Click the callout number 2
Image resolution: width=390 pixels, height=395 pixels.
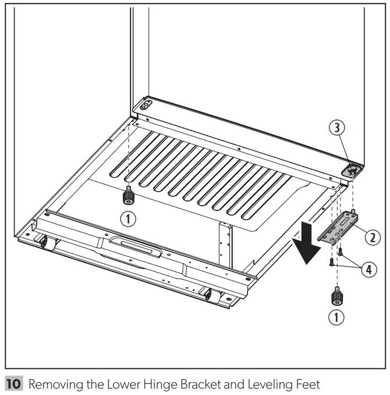(x=372, y=237)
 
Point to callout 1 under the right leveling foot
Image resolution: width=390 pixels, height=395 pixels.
(x=336, y=318)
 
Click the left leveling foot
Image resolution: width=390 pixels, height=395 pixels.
(x=126, y=198)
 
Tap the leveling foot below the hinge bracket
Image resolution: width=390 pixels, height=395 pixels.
(x=336, y=296)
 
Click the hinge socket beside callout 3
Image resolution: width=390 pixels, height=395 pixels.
(x=353, y=168)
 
